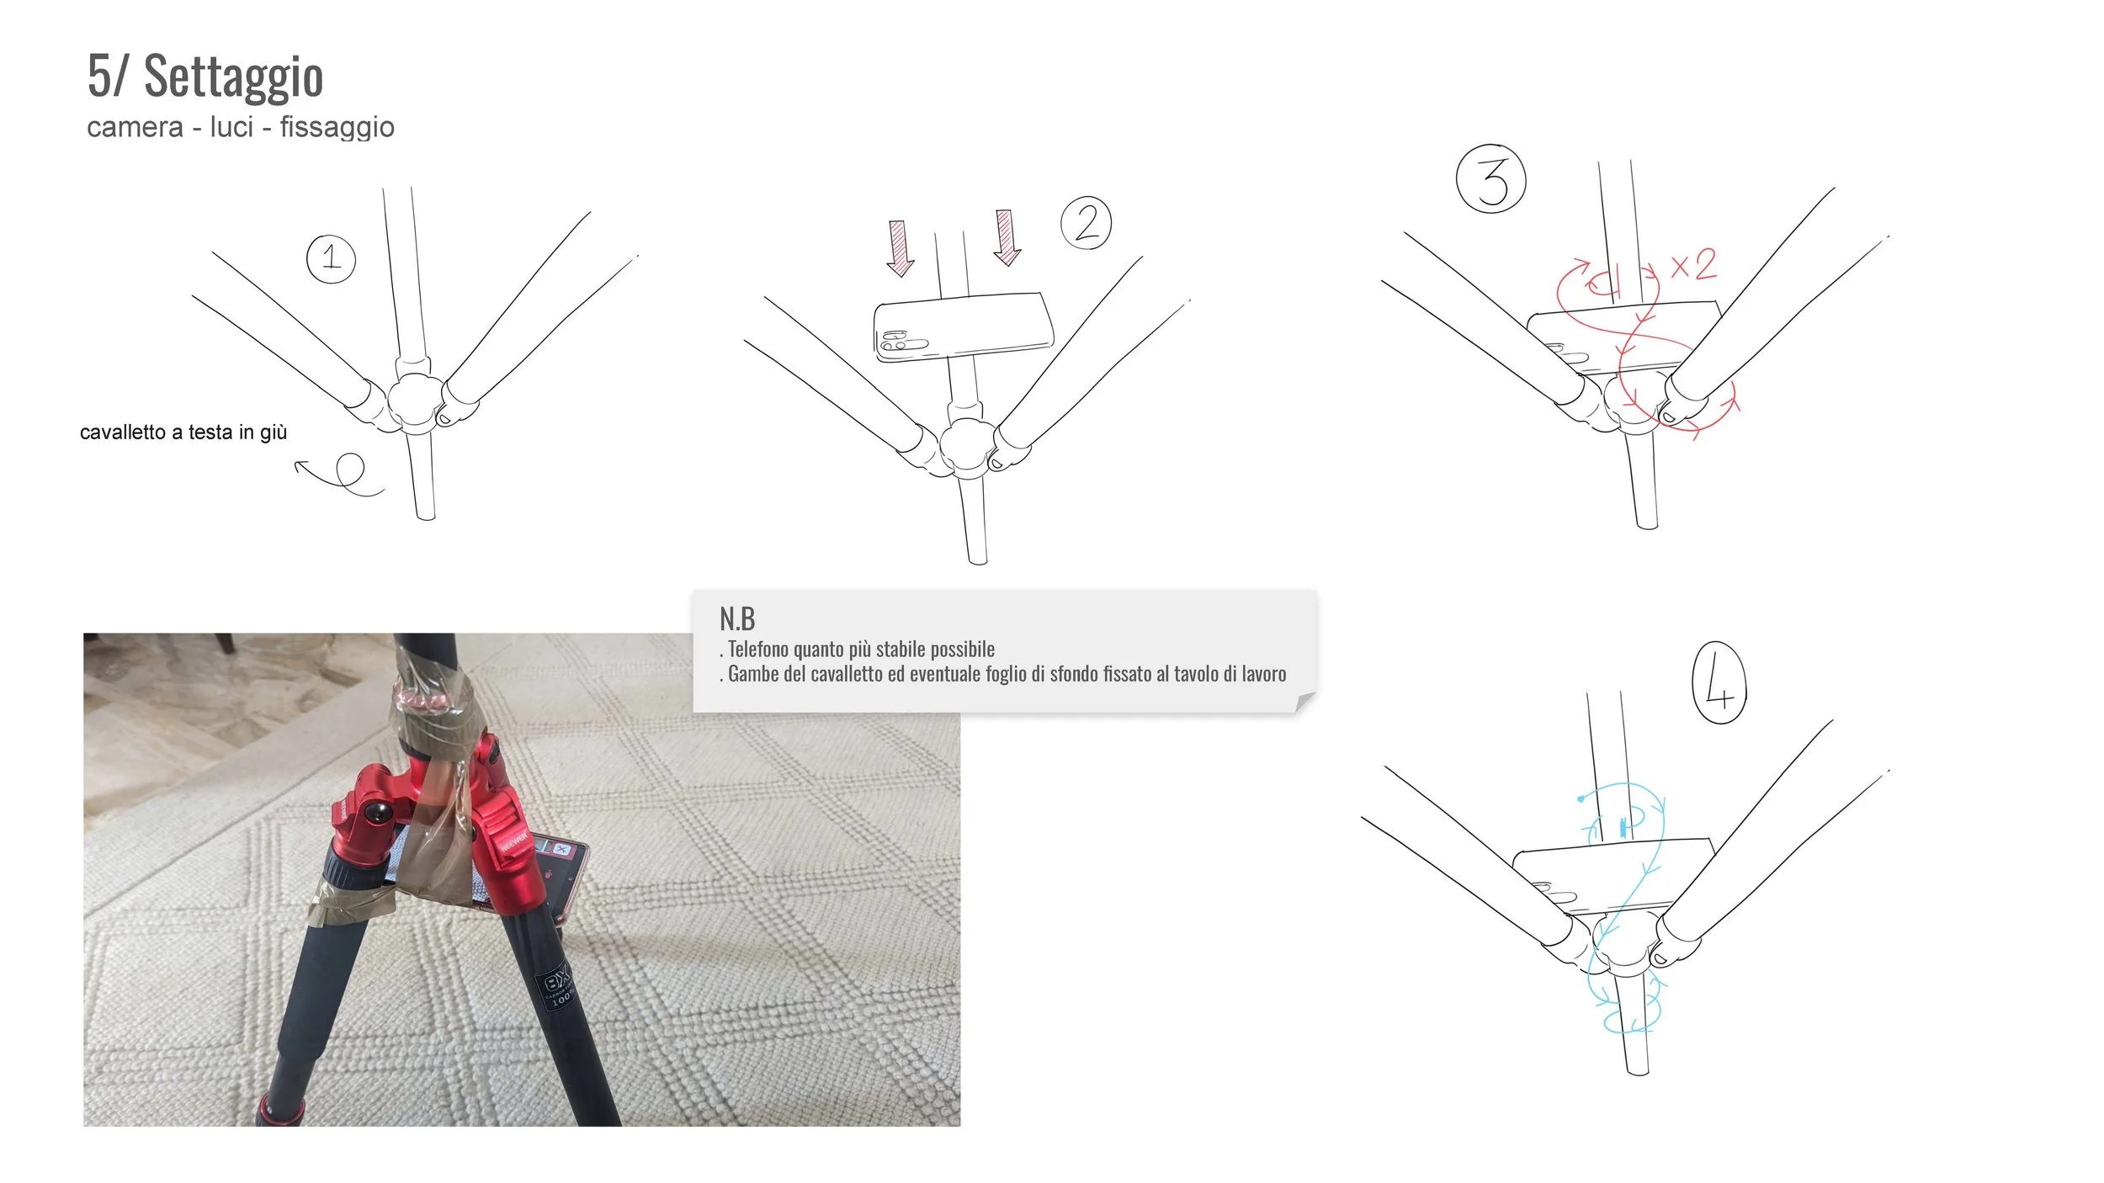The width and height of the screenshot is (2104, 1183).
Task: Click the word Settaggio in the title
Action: [x=233, y=77]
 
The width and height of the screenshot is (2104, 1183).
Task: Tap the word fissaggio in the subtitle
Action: [x=337, y=127]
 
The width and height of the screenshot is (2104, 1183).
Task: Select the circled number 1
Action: [x=331, y=258]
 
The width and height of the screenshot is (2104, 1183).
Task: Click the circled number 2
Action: [x=1086, y=224]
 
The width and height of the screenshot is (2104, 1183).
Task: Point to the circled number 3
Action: [x=1490, y=179]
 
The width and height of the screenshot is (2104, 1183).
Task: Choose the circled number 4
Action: [x=1719, y=682]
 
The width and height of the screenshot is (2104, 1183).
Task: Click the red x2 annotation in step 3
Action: [x=1693, y=266]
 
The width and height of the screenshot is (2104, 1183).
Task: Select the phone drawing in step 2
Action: [x=963, y=327]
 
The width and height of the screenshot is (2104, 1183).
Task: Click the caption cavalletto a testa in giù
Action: [x=183, y=432]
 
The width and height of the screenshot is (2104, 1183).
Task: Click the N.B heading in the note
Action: [x=737, y=619]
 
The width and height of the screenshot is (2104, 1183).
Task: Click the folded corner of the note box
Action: [x=1304, y=702]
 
